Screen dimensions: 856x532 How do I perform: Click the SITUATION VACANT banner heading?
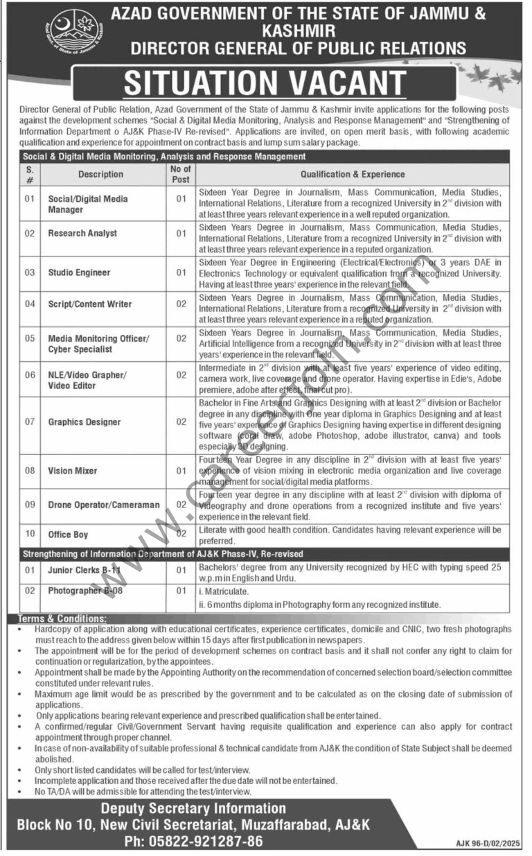(265, 83)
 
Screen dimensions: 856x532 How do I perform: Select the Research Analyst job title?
(82, 234)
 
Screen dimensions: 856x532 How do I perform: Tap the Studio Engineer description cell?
(79, 272)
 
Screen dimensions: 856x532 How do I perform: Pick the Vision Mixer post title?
(72, 471)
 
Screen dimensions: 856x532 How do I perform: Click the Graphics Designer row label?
(85, 421)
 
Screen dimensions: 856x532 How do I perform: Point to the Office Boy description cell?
(68, 534)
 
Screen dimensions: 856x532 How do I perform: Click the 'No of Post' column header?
(181, 174)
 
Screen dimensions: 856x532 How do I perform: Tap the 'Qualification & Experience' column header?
(353, 174)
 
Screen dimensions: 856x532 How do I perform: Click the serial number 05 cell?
(30, 338)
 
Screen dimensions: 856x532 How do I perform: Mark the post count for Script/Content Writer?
(181, 304)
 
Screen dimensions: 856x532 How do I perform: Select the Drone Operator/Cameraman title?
(103, 505)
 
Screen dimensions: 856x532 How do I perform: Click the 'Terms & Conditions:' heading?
(64, 618)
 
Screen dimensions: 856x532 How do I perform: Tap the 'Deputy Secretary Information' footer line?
(193, 808)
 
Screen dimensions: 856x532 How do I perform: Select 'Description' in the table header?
(100, 174)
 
